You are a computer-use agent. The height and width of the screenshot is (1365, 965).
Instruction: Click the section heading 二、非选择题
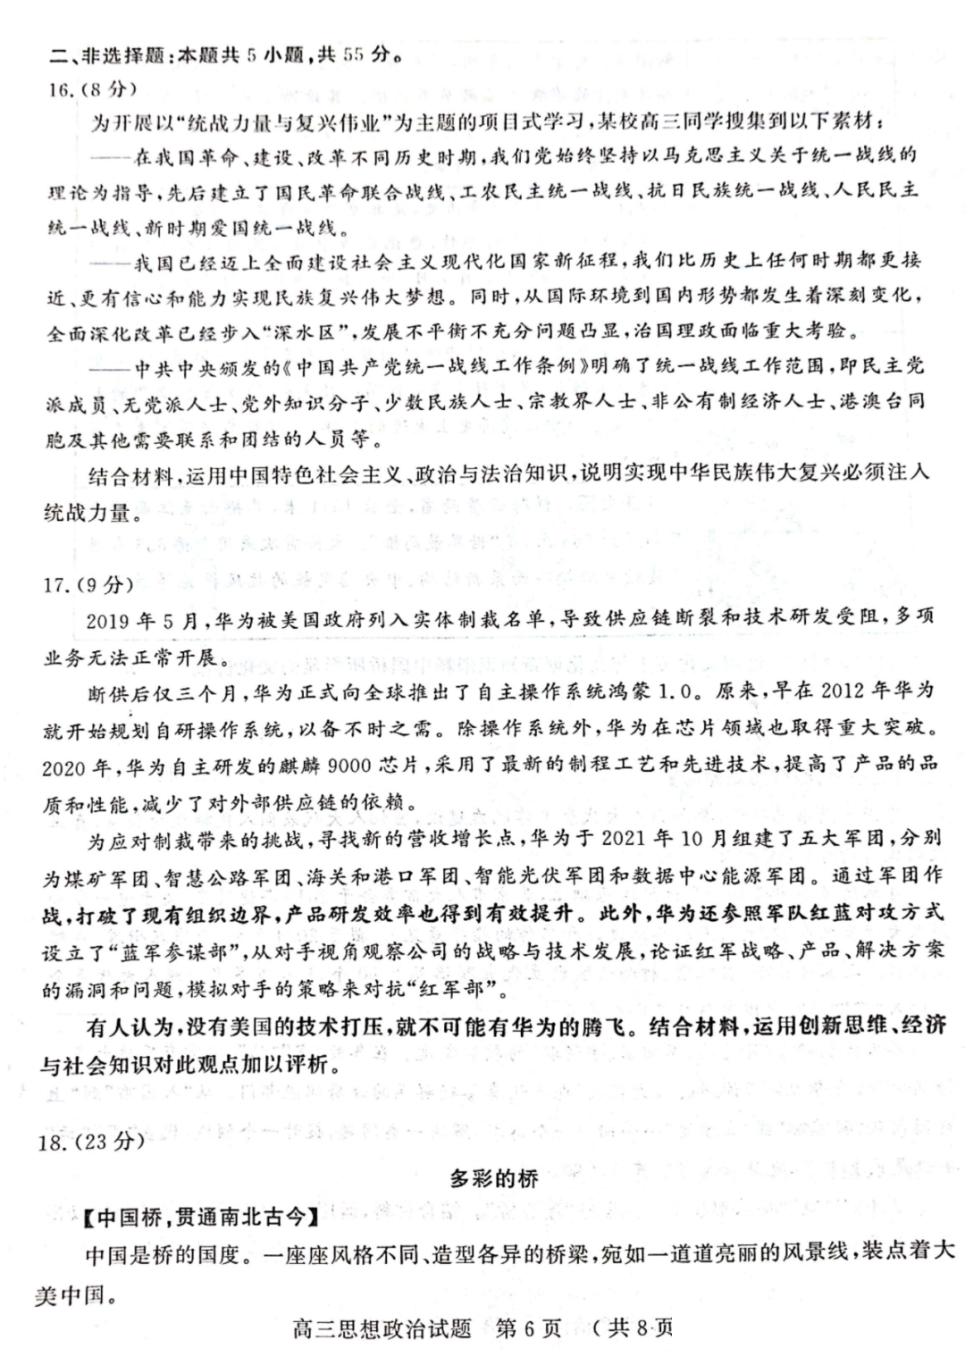pyautogui.click(x=108, y=55)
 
